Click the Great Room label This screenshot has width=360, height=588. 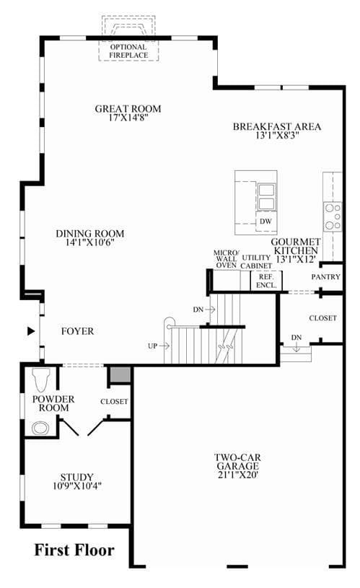coord(128,109)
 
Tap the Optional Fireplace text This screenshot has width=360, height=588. coord(128,51)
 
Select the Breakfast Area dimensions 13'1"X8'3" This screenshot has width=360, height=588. coord(277,136)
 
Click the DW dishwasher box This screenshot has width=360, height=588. coord(266,221)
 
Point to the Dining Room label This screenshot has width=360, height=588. coord(90,234)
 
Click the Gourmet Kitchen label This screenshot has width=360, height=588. coord(296,246)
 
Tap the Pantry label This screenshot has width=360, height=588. coord(326,277)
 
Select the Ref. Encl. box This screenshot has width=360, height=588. coord(266,281)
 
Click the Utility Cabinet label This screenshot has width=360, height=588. coord(256,262)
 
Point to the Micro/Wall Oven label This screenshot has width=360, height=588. coord(226,259)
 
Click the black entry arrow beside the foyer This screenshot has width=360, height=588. coord(31,331)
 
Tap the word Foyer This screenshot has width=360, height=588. coord(78,331)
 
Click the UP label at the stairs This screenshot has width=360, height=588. coord(153,346)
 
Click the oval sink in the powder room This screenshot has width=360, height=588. coord(41,429)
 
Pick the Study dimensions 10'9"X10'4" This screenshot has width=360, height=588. coord(77,486)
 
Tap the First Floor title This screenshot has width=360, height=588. coord(74,550)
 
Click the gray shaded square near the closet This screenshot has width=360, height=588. coord(120,374)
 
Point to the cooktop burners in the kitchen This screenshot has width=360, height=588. coord(333,216)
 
